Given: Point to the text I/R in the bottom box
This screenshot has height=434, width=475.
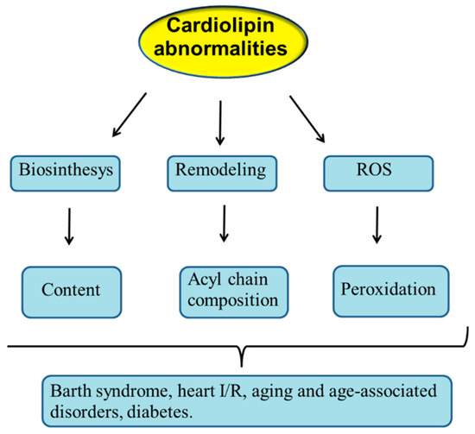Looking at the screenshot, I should (x=212, y=386).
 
